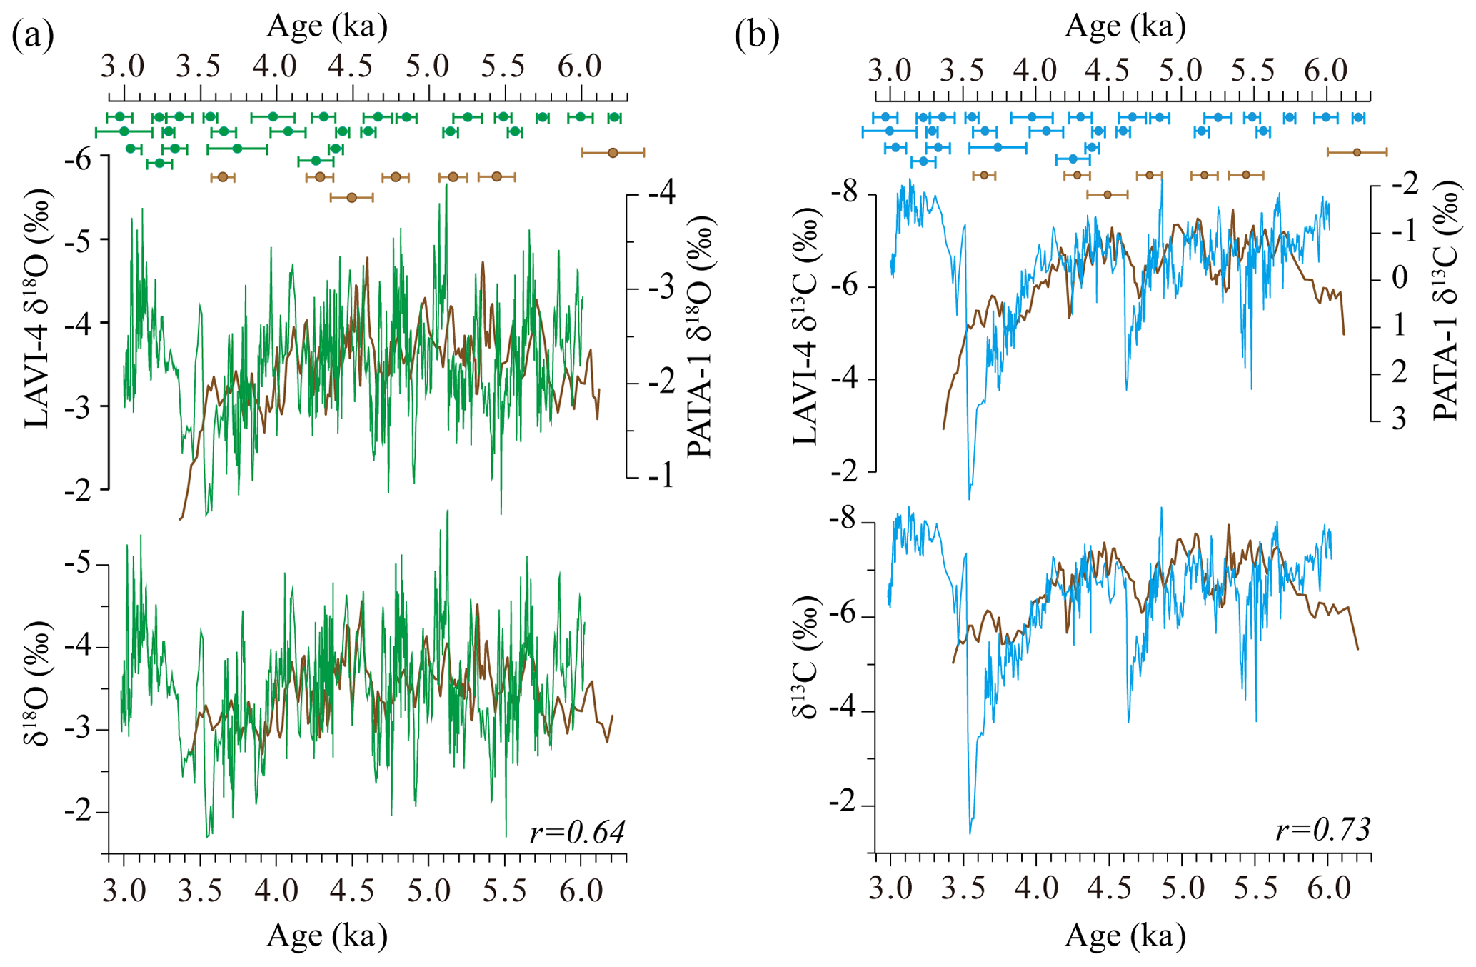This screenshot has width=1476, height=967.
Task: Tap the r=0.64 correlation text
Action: tap(577, 832)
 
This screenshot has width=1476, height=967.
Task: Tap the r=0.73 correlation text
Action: tap(1322, 829)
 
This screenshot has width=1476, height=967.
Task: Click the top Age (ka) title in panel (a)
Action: tap(327, 26)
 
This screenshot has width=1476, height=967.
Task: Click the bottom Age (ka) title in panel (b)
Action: tap(1125, 935)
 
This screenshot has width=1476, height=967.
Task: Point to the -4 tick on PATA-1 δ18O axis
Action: tap(661, 194)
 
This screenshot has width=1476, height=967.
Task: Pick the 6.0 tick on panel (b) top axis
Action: tap(1326, 70)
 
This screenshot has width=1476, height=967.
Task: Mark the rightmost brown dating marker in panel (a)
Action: tap(613, 152)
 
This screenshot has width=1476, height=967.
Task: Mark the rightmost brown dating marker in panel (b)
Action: tap(1357, 152)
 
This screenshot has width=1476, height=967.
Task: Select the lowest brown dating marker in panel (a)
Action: tap(351, 197)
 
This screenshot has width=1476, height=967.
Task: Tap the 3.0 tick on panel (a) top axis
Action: tap(123, 66)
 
